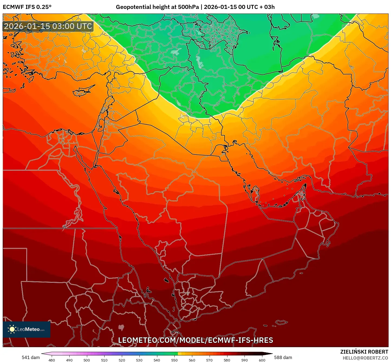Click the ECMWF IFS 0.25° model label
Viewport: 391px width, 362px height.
pyautogui.click(x=27, y=7)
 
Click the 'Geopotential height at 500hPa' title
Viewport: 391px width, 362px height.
pyautogui.click(x=158, y=7)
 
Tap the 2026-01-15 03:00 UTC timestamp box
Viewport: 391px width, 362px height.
pyautogui.click(x=48, y=26)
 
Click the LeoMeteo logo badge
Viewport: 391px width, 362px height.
pyautogui.click(x=27, y=329)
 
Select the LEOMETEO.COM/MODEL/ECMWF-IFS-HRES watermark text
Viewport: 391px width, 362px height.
pyautogui.click(x=196, y=340)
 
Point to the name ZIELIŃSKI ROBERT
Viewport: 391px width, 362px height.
pyautogui.click(x=364, y=352)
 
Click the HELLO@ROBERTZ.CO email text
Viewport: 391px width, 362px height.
pyautogui.click(x=365, y=358)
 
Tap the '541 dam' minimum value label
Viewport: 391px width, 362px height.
pyautogui.click(x=31, y=357)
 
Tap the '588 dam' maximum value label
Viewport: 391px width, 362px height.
pyautogui.click(x=283, y=357)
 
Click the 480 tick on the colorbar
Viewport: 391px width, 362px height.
pyautogui.click(x=52, y=360)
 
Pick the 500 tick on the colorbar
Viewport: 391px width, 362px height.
pyautogui.click(x=87, y=360)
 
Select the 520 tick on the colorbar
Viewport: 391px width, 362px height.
pyautogui.click(x=122, y=360)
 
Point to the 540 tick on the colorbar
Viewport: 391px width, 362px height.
pyautogui.click(x=157, y=360)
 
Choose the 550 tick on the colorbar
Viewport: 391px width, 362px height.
pyautogui.click(x=174, y=360)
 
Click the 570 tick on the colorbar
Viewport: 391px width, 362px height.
pyautogui.click(x=209, y=360)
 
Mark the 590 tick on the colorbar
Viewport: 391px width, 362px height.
pyautogui.click(x=245, y=360)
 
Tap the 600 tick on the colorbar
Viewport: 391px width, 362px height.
pyautogui.click(x=262, y=360)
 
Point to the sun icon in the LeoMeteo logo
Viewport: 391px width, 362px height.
pyautogui.click(x=12, y=329)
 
